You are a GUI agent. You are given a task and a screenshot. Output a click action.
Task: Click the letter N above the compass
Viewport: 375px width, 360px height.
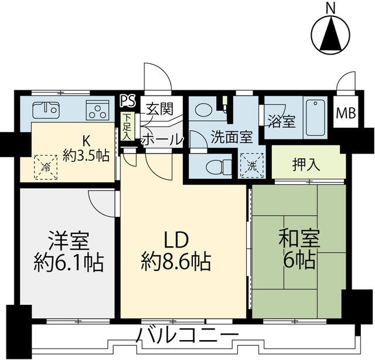pos(331,8)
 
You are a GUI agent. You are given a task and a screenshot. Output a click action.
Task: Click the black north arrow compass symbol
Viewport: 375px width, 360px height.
pos(332,35)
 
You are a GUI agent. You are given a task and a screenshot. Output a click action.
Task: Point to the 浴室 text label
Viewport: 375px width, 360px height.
pos(281,121)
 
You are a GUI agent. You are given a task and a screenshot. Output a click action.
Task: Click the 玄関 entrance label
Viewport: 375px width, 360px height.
pos(158,109)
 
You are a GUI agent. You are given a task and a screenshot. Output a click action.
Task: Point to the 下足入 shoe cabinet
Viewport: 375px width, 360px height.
pos(127,125)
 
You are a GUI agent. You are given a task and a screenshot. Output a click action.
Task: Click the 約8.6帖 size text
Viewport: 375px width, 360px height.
pos(175,261)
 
